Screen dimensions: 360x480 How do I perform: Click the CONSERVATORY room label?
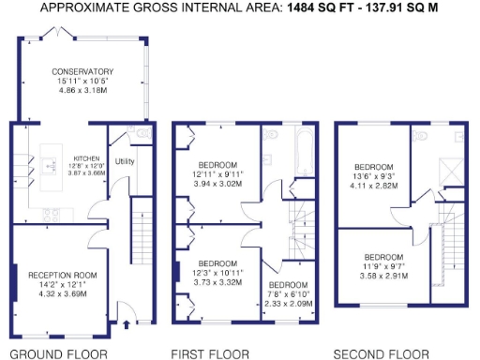click(x=82, y=71)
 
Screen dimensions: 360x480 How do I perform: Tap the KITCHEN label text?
click(x=86, y=159)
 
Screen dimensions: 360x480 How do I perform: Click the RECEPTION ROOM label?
click(x=63, y=275)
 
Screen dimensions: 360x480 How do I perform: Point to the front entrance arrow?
click(x=127, y=327)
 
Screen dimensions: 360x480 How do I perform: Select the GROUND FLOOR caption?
click(x=61, y=353)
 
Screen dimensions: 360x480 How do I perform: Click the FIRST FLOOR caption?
click(x=210, y=353)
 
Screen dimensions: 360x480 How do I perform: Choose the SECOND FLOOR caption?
click(x=382, y=353)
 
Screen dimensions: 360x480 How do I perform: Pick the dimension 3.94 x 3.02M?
click(x=217, y=185)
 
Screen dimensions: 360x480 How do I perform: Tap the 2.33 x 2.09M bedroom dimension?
click(x=287, y=303)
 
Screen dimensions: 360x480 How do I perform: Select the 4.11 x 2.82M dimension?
click(x=376, y=186)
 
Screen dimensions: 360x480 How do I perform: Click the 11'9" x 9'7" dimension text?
click(x=383, y=266)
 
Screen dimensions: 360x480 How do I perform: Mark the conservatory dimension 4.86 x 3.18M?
click(x=82, y=90)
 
